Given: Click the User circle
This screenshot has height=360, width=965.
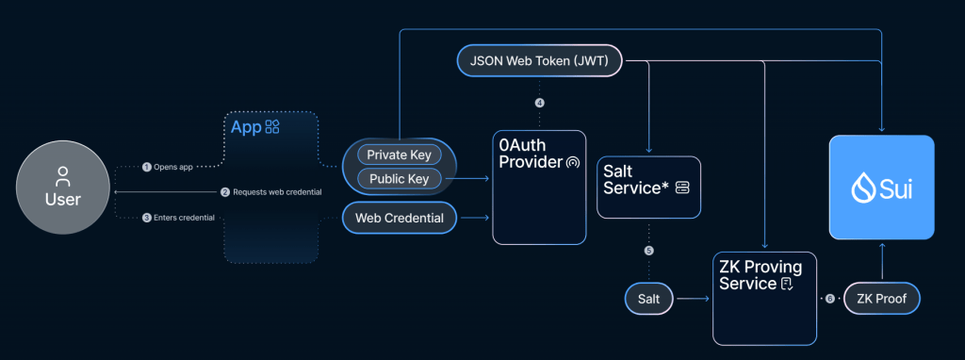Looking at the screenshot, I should pos(63,191).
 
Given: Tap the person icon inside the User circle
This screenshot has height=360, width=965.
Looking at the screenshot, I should pos(63,175).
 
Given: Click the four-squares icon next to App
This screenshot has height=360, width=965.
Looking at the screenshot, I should pos(272,126).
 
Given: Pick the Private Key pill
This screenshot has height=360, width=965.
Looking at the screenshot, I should pos(398,154).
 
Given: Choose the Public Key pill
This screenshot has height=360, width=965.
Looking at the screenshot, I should pos(398,177).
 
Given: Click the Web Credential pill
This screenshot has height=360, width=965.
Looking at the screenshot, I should pos(399,219).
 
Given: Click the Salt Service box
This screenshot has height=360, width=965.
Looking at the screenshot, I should pos(648,187).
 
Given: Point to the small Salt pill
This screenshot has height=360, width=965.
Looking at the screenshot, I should pos(648,299).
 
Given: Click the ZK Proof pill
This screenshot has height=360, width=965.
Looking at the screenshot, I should pos(881,299).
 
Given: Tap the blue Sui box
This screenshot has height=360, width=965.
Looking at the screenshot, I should pos(881,187).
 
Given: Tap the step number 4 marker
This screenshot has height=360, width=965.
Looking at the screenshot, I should pos(539,103).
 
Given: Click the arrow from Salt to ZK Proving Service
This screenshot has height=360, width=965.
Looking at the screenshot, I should pos(693,299).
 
